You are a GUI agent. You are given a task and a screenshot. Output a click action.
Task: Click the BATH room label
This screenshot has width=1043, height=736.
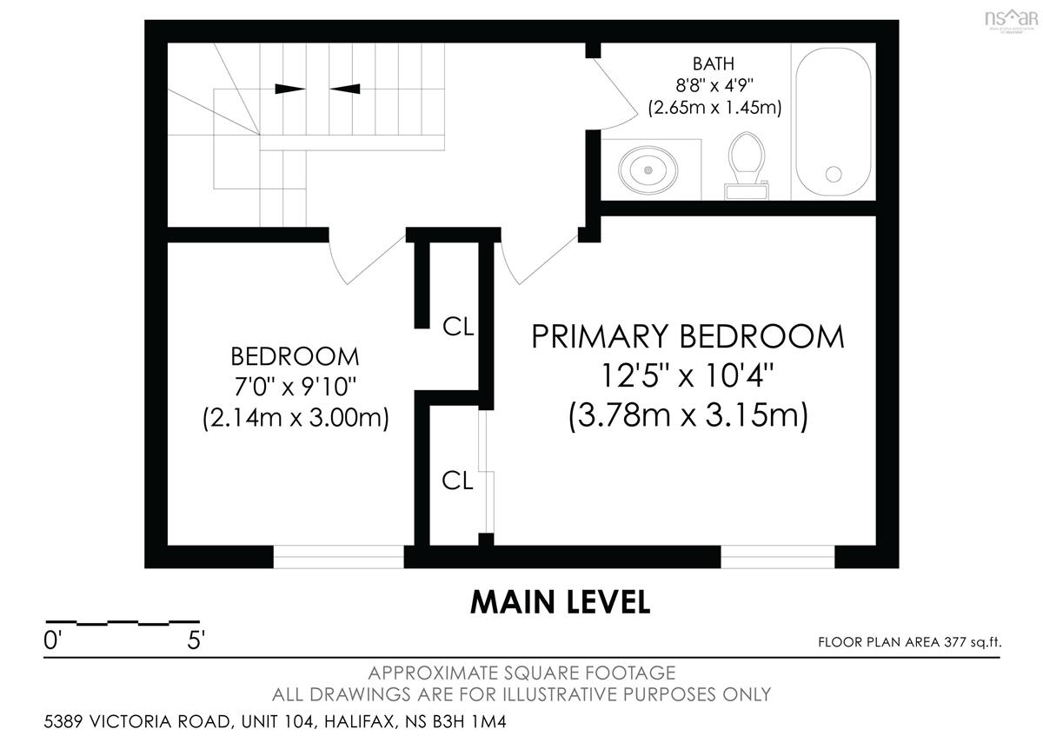click(x=714, y=63)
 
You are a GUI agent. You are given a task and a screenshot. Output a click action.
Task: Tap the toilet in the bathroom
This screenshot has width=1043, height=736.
click(x=747, y=166)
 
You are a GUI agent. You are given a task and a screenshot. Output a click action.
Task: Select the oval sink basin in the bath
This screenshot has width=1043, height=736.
click(x=648, y=170)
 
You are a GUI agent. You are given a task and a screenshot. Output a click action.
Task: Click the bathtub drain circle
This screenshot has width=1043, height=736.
click(x=834, y=175)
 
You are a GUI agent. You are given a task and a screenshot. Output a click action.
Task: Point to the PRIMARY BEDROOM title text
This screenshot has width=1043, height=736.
click(x=688, y=336)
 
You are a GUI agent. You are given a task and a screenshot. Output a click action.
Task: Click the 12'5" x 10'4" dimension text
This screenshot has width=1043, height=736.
click(x=688, y=375)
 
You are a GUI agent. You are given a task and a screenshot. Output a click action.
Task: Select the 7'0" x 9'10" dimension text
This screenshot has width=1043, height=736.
click(x=295, y=387)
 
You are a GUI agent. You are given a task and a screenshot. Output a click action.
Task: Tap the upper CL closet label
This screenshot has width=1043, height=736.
click(x=458, y=327)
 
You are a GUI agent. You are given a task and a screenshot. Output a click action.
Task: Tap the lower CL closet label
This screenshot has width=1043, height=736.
click(x=457, y=480)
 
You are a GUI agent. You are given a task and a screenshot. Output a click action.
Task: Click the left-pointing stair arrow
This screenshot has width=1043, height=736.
click(x=345, y=89)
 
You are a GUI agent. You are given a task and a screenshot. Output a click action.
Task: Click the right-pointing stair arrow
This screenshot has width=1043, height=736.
click(x=290, y=89)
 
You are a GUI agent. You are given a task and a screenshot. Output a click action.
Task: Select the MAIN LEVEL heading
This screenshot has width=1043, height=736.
click(x=560, y=602)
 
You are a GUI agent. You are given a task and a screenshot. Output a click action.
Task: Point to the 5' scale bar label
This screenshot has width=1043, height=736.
click(x=196, y=640)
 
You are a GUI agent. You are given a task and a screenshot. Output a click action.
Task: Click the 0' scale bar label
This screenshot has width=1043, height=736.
click(x=52, y=640)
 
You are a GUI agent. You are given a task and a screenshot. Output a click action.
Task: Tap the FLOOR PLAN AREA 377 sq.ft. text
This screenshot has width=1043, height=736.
click(x=910, y=642)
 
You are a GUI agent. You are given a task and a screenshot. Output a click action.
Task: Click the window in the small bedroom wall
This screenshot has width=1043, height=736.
click(x=338, y=556)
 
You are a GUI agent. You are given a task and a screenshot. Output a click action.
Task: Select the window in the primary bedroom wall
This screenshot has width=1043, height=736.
click(x=778, y=556)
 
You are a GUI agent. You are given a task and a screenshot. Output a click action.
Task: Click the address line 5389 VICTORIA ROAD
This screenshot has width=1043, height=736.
click(x=275, y=721)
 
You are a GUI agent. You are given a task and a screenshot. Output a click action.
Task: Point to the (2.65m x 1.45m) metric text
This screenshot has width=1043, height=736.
click(x=714, y=108)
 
